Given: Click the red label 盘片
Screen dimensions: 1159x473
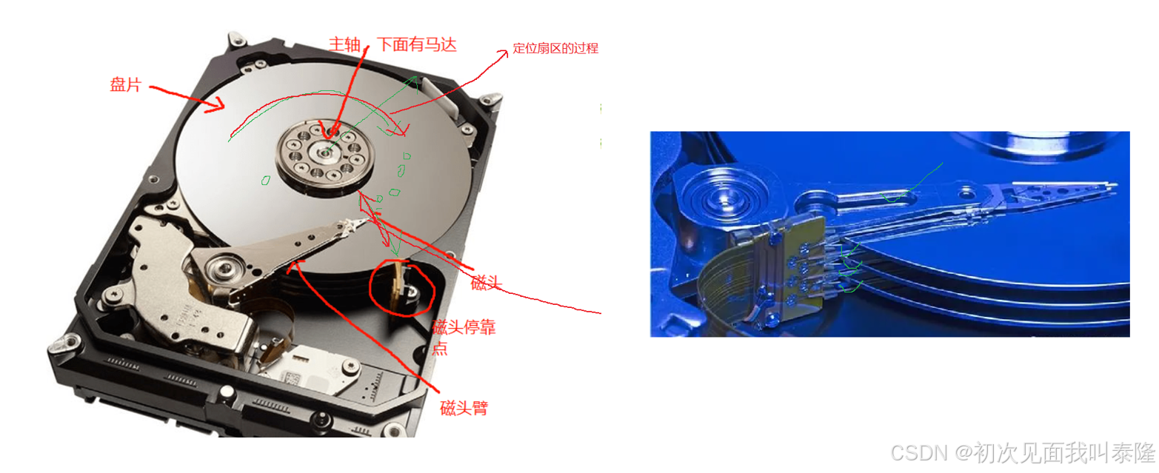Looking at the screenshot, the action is pos(125,84).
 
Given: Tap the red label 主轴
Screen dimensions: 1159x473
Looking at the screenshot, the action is pos(344,44).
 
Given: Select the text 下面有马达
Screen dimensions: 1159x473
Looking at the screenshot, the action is pos(416,44).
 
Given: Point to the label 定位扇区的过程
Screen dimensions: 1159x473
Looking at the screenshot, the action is pos(555,49).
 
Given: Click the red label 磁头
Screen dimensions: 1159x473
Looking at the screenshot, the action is pos(486,282).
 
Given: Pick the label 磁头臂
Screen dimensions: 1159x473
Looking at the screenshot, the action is pos(464,408).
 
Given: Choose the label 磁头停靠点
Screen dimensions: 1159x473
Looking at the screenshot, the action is pos(464,337).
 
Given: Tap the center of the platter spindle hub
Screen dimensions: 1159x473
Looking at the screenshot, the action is pos(325,153).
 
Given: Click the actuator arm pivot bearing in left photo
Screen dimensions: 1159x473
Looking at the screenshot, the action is pos(226,268).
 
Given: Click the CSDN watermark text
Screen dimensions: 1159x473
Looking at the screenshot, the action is pos(1023,453).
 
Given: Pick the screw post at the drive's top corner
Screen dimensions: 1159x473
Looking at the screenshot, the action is pos(236,39).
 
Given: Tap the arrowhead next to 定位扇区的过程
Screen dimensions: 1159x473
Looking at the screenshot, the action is pos(503,53).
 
